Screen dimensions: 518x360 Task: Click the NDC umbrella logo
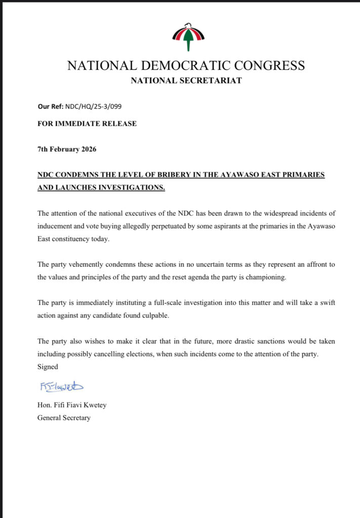click(188, 37)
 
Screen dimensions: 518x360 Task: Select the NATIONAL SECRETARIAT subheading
click(186, 80)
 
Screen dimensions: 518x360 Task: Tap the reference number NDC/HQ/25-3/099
click(93, 107)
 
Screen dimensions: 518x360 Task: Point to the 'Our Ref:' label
click(50, 107)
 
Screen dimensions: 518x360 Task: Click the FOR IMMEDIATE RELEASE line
click(87, 123)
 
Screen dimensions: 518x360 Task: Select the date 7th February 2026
click(67, 150)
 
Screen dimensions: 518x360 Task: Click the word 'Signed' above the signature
click(48, 366)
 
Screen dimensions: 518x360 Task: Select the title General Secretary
click(64, 418)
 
